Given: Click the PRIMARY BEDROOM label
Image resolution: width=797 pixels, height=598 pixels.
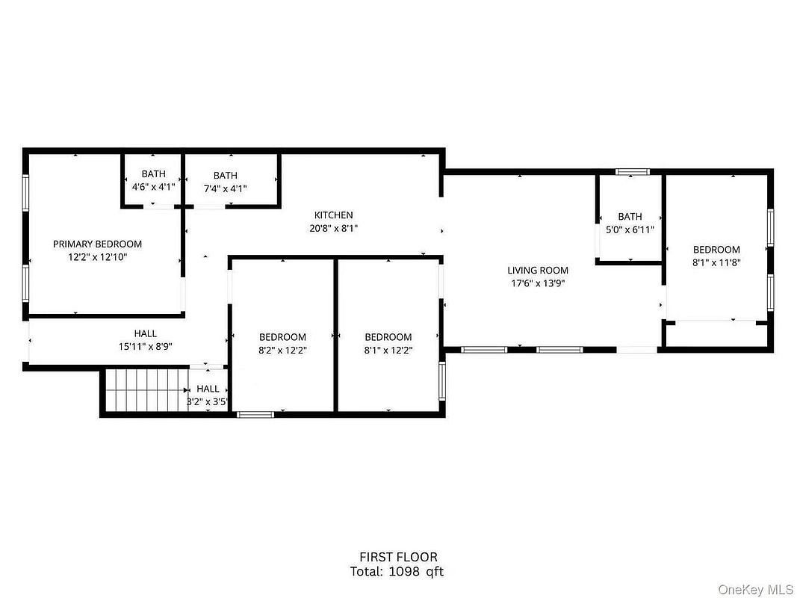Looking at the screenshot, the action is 98,244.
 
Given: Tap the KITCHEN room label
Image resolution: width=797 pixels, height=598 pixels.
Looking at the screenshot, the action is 333,215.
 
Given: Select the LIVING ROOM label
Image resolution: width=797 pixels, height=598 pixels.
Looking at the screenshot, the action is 538,271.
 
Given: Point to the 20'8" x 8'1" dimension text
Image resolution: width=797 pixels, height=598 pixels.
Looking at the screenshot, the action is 333,228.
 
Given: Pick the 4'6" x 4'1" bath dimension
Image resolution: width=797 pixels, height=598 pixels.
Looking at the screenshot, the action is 154,187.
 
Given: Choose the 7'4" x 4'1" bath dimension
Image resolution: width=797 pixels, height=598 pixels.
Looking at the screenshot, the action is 225,188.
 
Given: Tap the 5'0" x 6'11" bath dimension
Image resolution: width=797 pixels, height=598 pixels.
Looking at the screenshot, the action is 630,229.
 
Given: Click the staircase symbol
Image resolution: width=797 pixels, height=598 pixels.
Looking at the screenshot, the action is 146,390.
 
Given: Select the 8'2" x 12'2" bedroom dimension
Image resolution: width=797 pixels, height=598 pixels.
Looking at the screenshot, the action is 282,351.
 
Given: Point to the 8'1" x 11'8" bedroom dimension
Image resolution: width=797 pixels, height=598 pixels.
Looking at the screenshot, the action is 716,263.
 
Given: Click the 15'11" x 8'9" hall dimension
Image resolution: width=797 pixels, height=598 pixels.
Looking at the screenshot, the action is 146,347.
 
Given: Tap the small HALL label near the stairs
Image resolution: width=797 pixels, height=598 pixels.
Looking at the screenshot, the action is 208,389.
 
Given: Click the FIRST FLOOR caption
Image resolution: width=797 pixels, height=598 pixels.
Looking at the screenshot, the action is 398,558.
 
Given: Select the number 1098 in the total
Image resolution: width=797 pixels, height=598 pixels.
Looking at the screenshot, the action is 404,572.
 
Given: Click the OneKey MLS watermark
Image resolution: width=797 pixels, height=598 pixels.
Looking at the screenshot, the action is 755,589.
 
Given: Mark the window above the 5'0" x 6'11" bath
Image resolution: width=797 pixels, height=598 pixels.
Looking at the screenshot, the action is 633,172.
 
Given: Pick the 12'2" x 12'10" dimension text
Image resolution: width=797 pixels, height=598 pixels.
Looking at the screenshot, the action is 98,257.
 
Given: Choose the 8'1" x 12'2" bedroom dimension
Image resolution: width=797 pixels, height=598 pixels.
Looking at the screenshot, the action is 388,351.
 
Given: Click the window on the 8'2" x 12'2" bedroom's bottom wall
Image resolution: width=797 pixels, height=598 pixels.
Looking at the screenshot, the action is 255,415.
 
